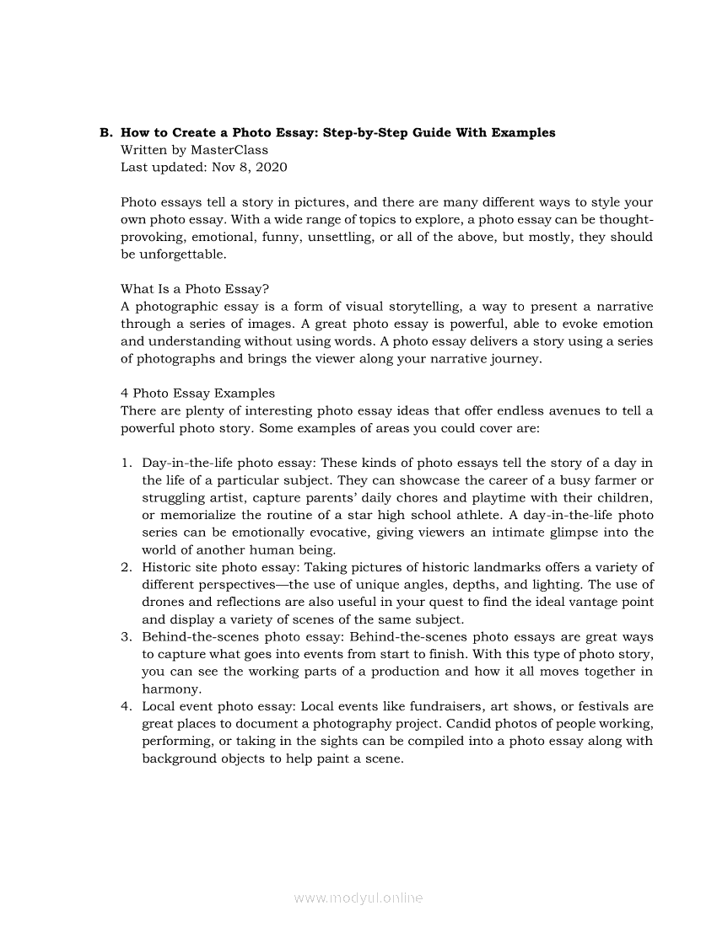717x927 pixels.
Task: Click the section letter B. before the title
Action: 105,132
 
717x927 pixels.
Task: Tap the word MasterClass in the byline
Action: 229,150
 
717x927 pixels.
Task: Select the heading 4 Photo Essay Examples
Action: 197,393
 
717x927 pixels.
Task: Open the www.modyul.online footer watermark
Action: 358,898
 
